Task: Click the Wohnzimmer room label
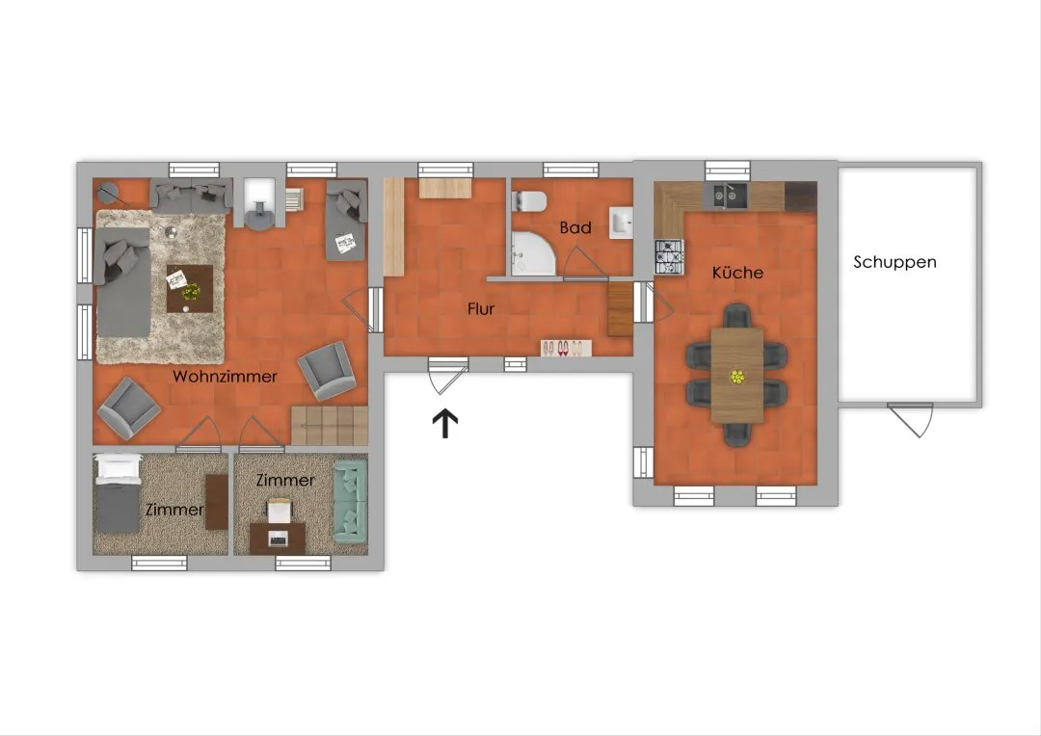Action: (225, 377)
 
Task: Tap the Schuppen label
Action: (894, 263)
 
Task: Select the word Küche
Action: (737, 272)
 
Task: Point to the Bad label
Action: (575, 227)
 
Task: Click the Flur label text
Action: (481, 308)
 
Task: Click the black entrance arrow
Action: (445, 424)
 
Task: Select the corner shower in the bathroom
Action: (532, 253)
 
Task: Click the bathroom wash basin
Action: (622, 223)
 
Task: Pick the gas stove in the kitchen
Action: (669, 257)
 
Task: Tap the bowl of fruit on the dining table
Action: (737, 378)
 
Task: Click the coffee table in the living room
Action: (190, 289)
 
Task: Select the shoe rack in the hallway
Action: (567, 348)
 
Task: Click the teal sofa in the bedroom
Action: (351, 500)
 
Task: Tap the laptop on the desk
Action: (278, 539)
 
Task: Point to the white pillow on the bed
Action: (119, 469)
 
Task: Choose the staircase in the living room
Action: (330, 426)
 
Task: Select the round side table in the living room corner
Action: (108, 193)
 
